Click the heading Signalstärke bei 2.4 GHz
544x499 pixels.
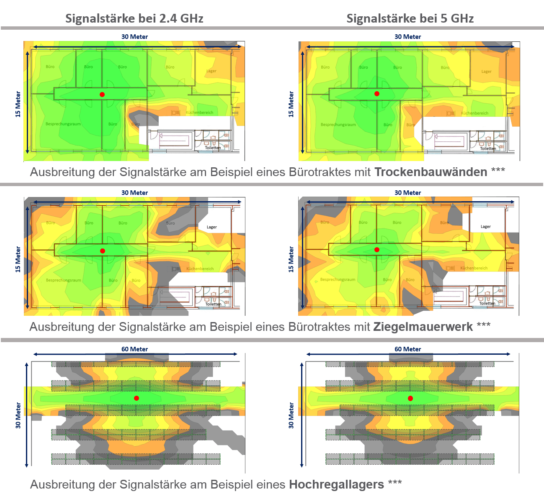(x=134, y=18)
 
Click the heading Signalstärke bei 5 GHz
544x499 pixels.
(x=410, y=18)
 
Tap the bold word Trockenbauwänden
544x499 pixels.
(x=431, y=172)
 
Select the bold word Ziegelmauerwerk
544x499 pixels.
(x=423, y=327)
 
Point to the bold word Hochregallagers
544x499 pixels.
(x=336, y=484)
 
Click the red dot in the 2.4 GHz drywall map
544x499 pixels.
(x=102, y=95)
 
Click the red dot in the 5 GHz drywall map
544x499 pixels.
(x=377, y=94)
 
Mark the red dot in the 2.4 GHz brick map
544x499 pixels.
(x=103, y=251)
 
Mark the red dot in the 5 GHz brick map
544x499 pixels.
(x=377, y=250)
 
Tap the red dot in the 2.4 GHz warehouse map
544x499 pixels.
(x=137, y=398)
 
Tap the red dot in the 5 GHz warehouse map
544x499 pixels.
(x=410, y=398)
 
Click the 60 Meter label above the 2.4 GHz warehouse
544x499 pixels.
(x=134, y=349)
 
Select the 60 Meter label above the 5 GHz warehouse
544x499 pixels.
(x=407, y=349)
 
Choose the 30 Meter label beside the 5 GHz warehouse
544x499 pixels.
(x=291, y=415)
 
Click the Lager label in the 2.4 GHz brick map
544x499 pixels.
(x=212, y=227)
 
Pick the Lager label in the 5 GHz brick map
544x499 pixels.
(x=486, y=227)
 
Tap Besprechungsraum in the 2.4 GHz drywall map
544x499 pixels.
(x=63, y=124)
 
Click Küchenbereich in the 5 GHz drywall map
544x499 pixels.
(x=474, y=113)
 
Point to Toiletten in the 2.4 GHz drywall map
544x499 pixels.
(x=213, y=148)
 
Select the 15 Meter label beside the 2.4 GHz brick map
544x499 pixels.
(x=18, y=259)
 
